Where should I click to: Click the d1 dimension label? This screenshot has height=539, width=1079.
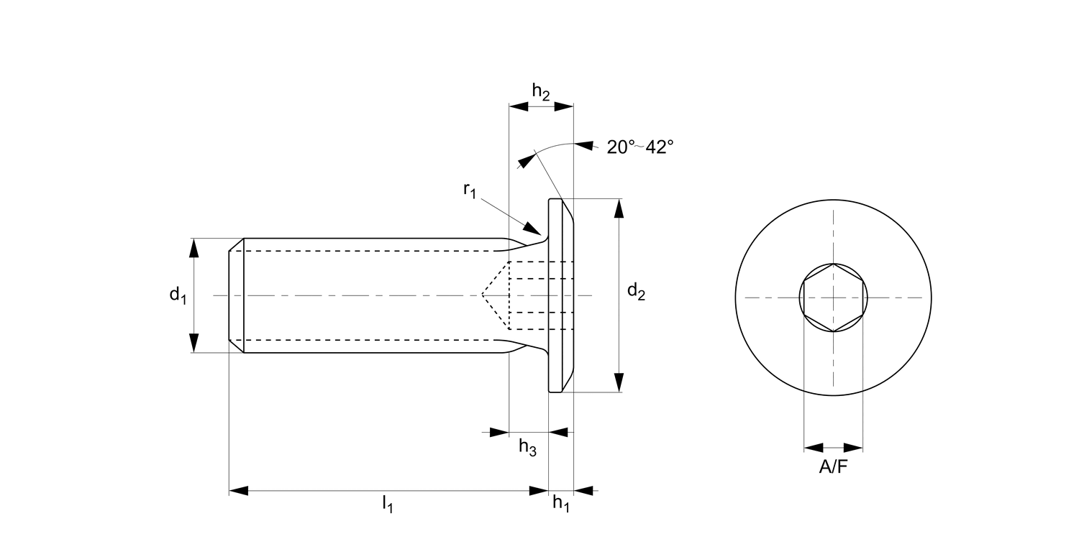[177, 295]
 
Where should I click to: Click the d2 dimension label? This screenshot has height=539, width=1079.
[636, 292]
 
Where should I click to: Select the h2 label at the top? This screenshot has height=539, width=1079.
[541, 91]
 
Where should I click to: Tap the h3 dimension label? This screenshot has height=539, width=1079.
[527, 448]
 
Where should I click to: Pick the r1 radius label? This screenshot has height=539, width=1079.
[470, 190]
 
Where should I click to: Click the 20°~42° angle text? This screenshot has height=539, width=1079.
[639, 147]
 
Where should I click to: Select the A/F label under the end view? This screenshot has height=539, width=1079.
[833, 467]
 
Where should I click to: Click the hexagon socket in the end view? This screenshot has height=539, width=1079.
[833, 297]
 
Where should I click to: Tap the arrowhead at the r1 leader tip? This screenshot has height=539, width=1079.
[532, 229]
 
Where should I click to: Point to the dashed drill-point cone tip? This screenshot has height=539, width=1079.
[483, 295]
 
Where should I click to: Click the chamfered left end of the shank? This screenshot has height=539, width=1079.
[236, 295]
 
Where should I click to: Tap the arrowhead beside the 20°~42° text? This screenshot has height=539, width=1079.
[584, 146]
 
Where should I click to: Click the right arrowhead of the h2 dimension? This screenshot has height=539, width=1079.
[564, 106]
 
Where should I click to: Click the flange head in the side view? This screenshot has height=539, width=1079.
[561, 295]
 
